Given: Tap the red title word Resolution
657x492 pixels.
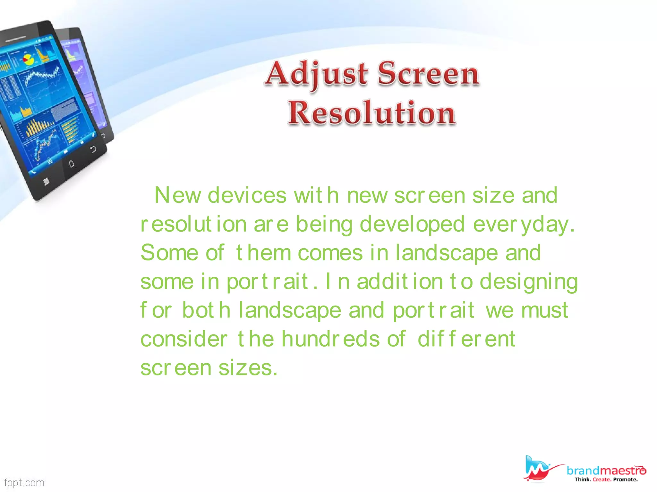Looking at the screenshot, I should click(372, 113).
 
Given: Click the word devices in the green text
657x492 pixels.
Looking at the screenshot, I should click(247, 195).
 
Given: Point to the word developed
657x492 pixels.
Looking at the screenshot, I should click(412, 224).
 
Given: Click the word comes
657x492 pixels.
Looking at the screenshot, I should click(330, 253).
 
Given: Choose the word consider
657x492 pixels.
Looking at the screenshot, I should click(184, 339).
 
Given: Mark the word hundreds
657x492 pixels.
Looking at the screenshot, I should click(330, 339).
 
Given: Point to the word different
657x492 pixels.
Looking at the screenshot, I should click(466, 339).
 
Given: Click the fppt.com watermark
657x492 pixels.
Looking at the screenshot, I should click(24, 483).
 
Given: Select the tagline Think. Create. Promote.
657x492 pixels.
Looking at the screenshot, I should click(606, 480).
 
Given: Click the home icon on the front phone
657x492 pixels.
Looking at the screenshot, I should click(72, 164).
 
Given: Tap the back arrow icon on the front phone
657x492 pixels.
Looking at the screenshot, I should click(93, 149).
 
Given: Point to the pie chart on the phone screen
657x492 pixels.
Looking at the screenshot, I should click(28, 60).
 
